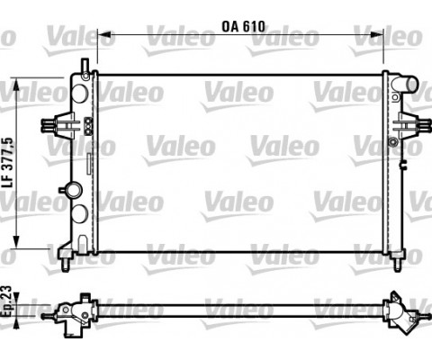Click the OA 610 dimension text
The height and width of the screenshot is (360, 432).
tap(242, 27)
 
